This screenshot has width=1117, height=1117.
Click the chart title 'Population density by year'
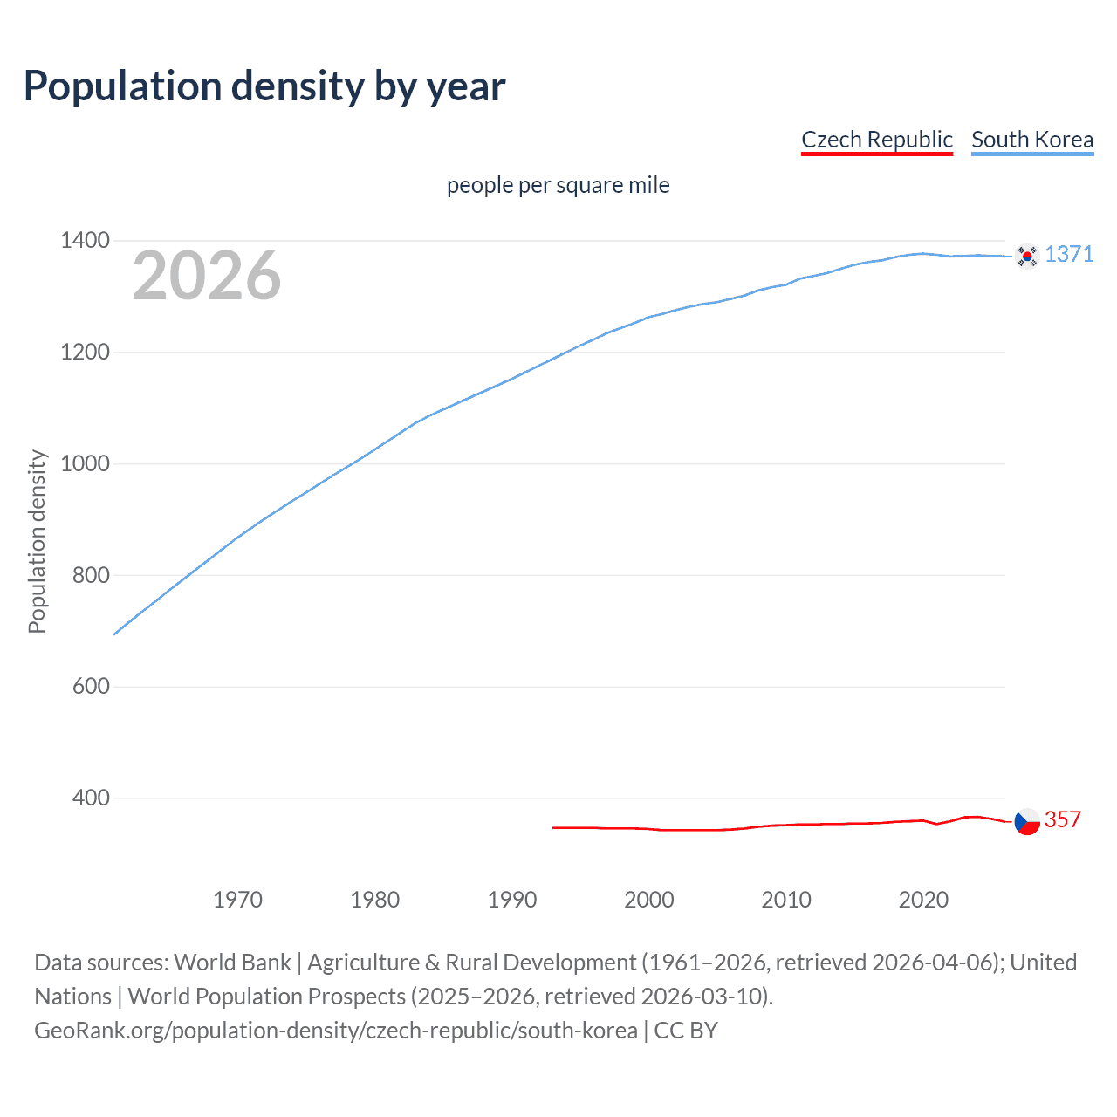(x=264, y=86)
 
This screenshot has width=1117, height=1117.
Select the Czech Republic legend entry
(x=876, y=140)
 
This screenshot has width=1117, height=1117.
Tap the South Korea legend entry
(x=1031, y=140)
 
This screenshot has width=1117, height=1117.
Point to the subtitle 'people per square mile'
(x=558, y=185)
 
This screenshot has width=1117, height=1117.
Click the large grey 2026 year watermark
(x=207, y=276)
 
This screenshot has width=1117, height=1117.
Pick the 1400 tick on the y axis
(x=86, y=240)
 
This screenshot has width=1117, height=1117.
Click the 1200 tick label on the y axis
(x=86, y=352)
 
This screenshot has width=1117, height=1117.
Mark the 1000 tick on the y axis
(x=86, y=463)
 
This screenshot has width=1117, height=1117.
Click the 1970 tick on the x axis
(x=237, y=899)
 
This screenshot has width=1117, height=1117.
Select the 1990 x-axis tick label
(x=512, y=899)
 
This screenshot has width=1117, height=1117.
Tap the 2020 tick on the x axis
(x=923, y=899)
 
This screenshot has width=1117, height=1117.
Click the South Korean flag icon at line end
(x=1027, y=256)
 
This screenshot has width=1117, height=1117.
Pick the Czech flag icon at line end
(x=1027, y=821)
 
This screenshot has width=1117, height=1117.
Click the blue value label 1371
(x=1069, y=254)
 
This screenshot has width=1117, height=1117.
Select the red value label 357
(x=1063, y=819)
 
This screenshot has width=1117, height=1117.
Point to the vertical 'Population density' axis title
(x=37, y=541)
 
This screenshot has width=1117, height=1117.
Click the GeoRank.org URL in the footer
(x=336, y=1031)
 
